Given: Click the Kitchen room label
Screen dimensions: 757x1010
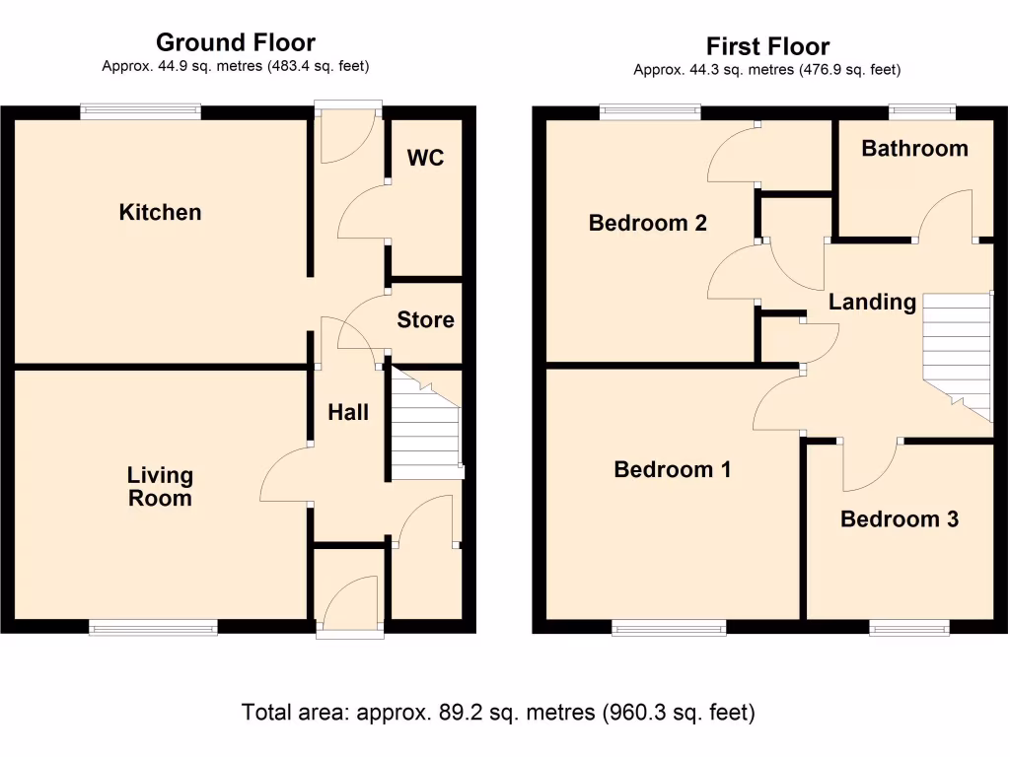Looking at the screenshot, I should (160, 212).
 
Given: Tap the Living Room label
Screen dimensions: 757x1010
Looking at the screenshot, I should (160, 487).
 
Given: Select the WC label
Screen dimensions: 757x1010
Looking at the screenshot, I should (425, 158).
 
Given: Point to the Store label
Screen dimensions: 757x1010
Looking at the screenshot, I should (426, 319).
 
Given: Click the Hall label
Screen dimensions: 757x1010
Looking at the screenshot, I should (348, 412).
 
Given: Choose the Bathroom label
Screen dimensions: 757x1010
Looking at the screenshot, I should (914, 149).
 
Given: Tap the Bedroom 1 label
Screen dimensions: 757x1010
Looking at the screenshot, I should (672, 469).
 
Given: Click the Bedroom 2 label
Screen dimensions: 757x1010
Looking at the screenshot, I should (647, 224).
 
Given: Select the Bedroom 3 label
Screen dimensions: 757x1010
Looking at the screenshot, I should (899, 518).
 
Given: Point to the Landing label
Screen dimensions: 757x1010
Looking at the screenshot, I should (872, 302).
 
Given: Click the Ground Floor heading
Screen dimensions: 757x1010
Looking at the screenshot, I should (236, 42).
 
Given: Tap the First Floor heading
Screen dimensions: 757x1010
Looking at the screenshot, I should (767, 46).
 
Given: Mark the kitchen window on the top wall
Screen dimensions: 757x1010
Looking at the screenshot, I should (141, 111).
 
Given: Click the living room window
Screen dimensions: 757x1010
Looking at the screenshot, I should (153, 627).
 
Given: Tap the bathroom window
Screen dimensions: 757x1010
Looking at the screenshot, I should (921, 111).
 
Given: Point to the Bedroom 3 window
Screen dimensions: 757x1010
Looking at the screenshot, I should (909, 627).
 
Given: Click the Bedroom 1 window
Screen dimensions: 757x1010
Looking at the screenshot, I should (669, 627).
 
